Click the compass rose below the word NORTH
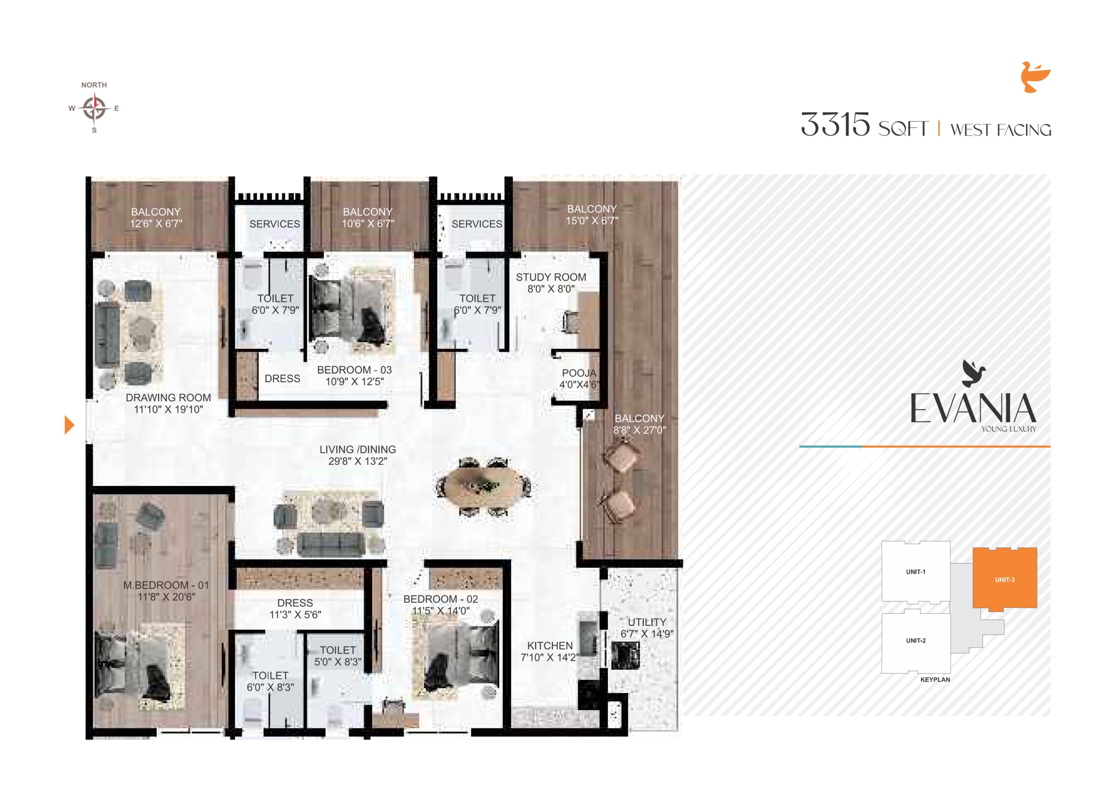point(94,108)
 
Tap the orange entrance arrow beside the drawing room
point(69,425)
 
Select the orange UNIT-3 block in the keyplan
point(1004,579)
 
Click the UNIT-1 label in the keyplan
point(915,572)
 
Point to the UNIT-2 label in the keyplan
point(915,640)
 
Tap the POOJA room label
point(579,373)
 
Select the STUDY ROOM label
point(551,277)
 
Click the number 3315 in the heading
point(835,124)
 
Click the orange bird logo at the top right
point(1035,77)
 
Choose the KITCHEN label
point(550,646)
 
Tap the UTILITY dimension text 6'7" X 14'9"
point(647,634)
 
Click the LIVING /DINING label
point(358,450)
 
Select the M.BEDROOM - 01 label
point(166,585)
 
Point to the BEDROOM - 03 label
point(354,370)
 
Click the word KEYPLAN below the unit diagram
point(935,680)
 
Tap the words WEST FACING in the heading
point(1000,130)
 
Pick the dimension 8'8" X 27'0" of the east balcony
point(639,430)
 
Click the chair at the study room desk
point(570,321)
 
